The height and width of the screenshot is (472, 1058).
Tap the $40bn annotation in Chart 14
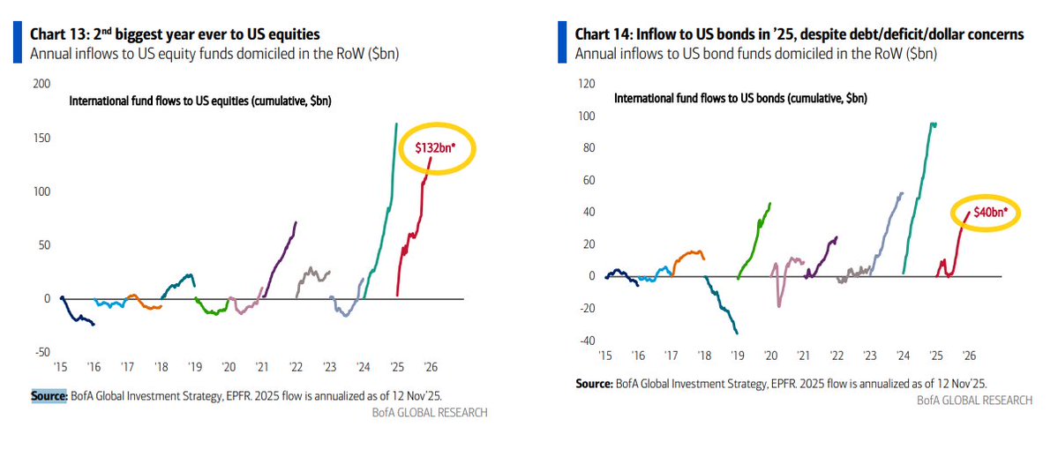click(982, 213)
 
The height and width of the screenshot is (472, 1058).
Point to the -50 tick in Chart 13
click(41, 352)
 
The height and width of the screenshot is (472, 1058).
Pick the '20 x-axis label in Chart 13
click(229, 367)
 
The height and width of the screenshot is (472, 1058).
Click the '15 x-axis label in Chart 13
click(61, 367)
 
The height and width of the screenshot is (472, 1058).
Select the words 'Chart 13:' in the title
click(57, 34)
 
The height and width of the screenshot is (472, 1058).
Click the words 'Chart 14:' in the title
click(603, 34)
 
